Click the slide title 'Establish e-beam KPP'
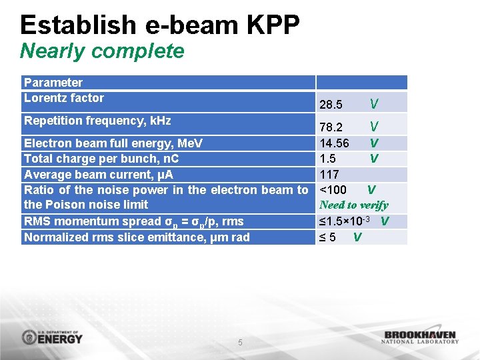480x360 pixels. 160,25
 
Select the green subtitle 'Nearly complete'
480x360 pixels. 102,51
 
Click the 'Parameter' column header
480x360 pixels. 53,83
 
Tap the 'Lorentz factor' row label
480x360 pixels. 64,98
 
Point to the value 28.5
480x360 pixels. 331,105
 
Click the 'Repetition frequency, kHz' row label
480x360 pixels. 97,121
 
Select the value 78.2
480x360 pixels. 331,127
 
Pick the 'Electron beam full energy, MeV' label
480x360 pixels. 113,143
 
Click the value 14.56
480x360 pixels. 334,143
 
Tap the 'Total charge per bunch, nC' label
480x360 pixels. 101,159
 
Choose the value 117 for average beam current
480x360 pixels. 329,175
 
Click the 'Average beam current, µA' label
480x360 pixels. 99,175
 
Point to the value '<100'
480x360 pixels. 333,190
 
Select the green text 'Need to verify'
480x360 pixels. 353,205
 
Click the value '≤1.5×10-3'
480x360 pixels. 347,221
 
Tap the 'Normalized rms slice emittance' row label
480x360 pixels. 137,237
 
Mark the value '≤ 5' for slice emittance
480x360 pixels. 327,237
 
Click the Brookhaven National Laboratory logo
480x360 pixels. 420,337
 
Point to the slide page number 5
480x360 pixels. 241,343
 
